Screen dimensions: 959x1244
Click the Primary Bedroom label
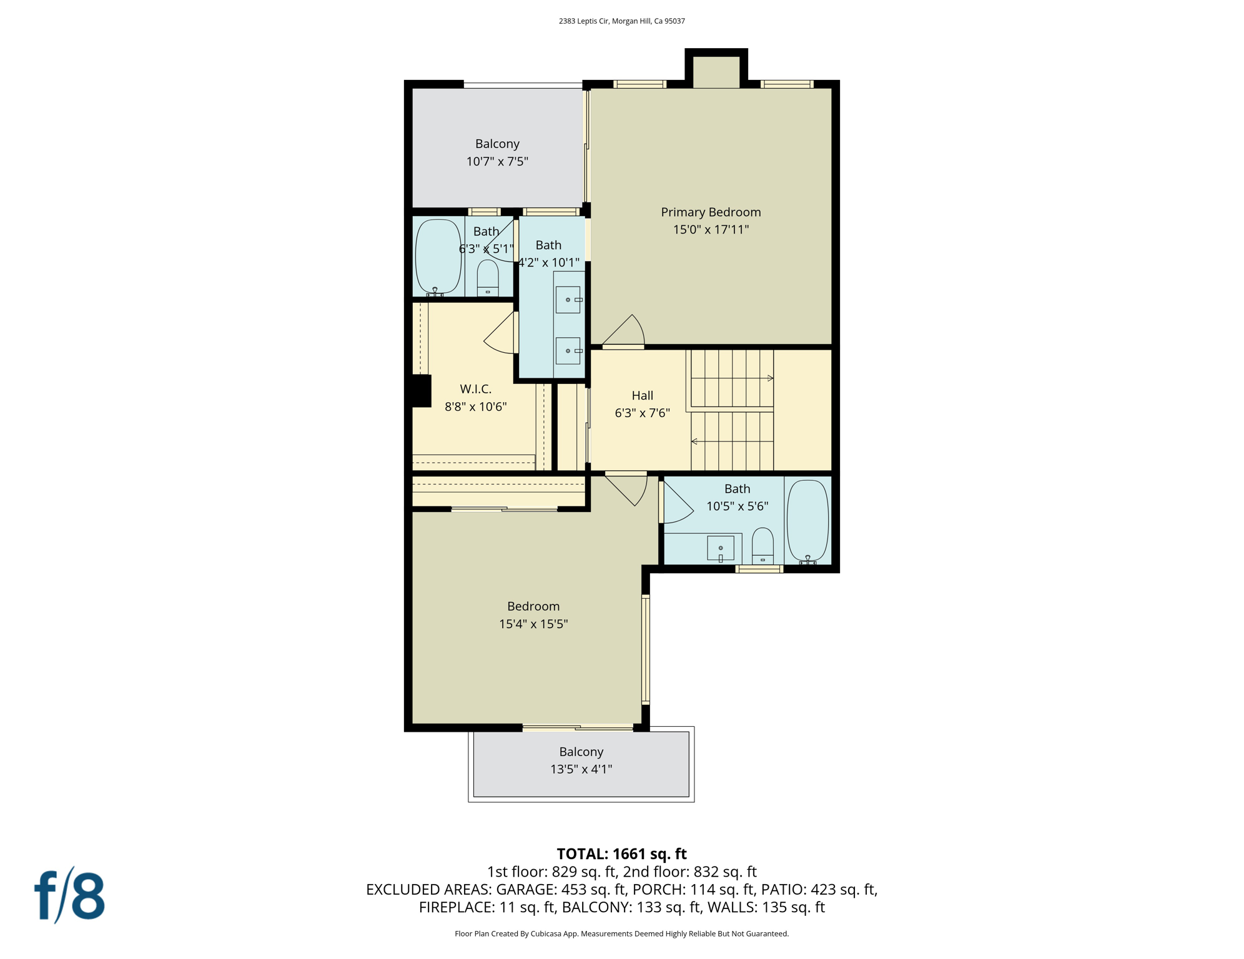click(711, 212)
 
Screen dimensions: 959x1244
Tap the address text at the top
click(621, 21)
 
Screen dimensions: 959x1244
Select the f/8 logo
click(69, 895)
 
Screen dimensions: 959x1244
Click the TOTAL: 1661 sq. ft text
click(621, 853)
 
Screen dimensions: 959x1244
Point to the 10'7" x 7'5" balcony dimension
click(497, 162)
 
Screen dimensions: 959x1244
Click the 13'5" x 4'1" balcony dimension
click(581, 769)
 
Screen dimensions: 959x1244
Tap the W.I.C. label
click(475, 389)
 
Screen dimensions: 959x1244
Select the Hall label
click(642, 395)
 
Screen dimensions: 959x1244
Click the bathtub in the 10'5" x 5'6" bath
click(807, 521)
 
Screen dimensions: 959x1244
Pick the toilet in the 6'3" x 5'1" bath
click(488, 278)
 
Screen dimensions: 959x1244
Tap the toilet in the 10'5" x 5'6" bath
click(762, 545)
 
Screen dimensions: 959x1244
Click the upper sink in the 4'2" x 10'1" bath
click(568, 300)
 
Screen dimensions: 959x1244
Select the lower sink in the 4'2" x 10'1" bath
click(568, 351)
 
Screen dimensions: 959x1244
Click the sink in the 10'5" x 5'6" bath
click(720, 548)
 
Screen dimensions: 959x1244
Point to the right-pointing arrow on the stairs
click(770, 378)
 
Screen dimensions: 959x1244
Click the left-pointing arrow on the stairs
click(694, 441)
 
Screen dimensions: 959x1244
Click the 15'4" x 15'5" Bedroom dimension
click(533, 624)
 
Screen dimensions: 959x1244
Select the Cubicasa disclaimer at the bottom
click(621, 933)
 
